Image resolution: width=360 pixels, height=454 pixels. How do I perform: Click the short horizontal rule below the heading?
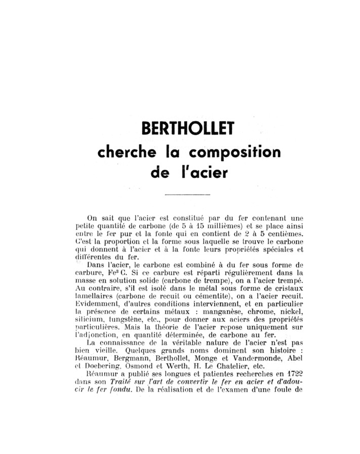pyautogui.click(x=187, y=194)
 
